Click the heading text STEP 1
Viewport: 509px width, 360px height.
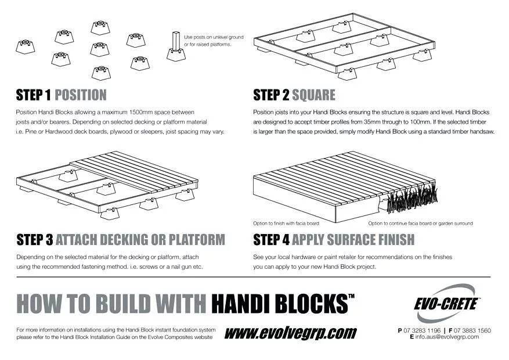(x=34, y=95)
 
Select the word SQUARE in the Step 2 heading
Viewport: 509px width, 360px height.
(x=313, y=95)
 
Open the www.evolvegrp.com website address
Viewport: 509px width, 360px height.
(x=290, y=333)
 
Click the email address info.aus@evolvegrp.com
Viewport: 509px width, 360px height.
(x=447, y=337)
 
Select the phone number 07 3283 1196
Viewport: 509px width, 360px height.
(x=422, y=330)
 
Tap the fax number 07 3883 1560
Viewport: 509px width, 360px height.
(x=472, y=330)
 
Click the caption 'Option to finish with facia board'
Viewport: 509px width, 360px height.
(x=286, y=224)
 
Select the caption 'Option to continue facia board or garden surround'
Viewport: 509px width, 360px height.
(x=420, y=224)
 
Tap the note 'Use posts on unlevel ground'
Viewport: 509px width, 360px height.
(x=214, y=37)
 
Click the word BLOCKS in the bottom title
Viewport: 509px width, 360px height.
(x=306, y=304)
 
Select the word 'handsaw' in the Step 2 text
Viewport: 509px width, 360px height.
(x=481, y=132)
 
